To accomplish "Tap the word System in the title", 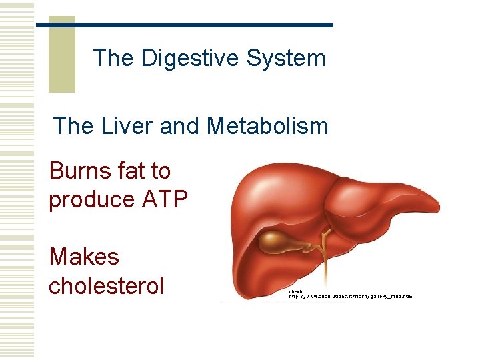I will (x=286, y=58).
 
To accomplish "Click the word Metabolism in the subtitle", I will (x=267, y=125).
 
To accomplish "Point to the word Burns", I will (x=79, y=171).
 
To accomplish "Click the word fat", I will (x=127, y=171).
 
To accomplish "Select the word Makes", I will (x=84, y=257).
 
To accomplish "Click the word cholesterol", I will (x=106, y=285).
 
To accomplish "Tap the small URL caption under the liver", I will (x=350, y=296).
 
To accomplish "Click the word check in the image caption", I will (x=295, y=291).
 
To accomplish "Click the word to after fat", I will (x=160, y=171).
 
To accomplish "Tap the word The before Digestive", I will (x=113, y=58).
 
